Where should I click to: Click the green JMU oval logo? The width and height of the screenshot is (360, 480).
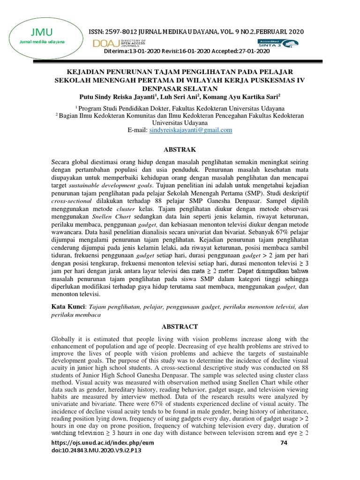(42, 37)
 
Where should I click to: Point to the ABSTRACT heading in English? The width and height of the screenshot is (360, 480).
(180, 326)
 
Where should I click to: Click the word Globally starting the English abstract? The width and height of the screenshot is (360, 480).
(64, 339)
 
